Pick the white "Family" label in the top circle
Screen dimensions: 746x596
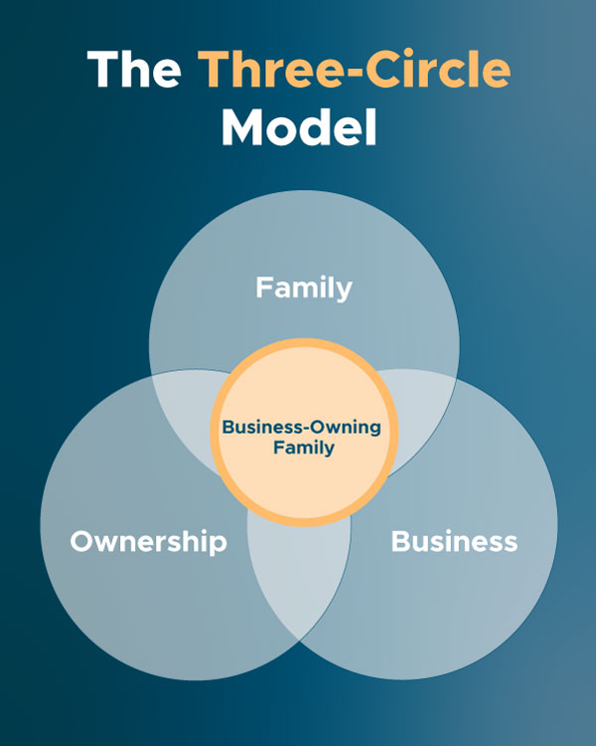coord(304,288)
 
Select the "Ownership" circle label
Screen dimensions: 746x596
coord(148,542)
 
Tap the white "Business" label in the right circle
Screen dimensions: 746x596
coord(454,542)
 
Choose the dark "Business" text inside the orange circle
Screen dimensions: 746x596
coord(260,427)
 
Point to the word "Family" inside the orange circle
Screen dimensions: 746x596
coord(304,448)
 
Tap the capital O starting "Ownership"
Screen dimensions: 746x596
coord(81,542)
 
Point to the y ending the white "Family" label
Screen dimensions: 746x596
coord(344,291)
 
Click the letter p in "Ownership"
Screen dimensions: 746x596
coord(219,546)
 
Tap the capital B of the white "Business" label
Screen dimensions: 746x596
coord(400,542)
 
